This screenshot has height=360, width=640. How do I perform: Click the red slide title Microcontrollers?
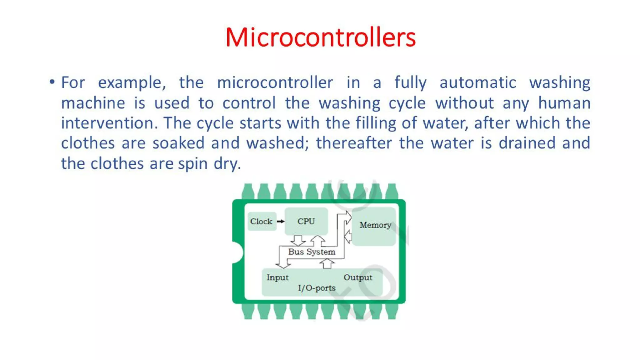coord(320,37)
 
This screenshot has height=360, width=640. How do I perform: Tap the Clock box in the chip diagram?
coord(262,221)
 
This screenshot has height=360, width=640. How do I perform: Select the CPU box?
coord(306,221)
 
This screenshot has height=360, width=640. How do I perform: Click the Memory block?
coord(375,225)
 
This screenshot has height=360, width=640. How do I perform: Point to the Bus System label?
coord(312,252)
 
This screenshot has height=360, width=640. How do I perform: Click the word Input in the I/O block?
coord(277,277)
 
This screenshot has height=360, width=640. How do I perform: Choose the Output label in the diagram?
coord(358,277)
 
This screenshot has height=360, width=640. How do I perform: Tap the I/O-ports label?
coord(317,288)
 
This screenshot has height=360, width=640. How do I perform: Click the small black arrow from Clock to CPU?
coord(281,221)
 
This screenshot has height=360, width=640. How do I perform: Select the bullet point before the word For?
coord(52,82)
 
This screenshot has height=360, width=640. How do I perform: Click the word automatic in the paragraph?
coord(477,83)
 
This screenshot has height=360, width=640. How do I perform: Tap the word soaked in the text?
coord(178,143)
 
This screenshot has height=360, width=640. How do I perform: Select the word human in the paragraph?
coord(564,103)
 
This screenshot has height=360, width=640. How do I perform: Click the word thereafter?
coord(354,143)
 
